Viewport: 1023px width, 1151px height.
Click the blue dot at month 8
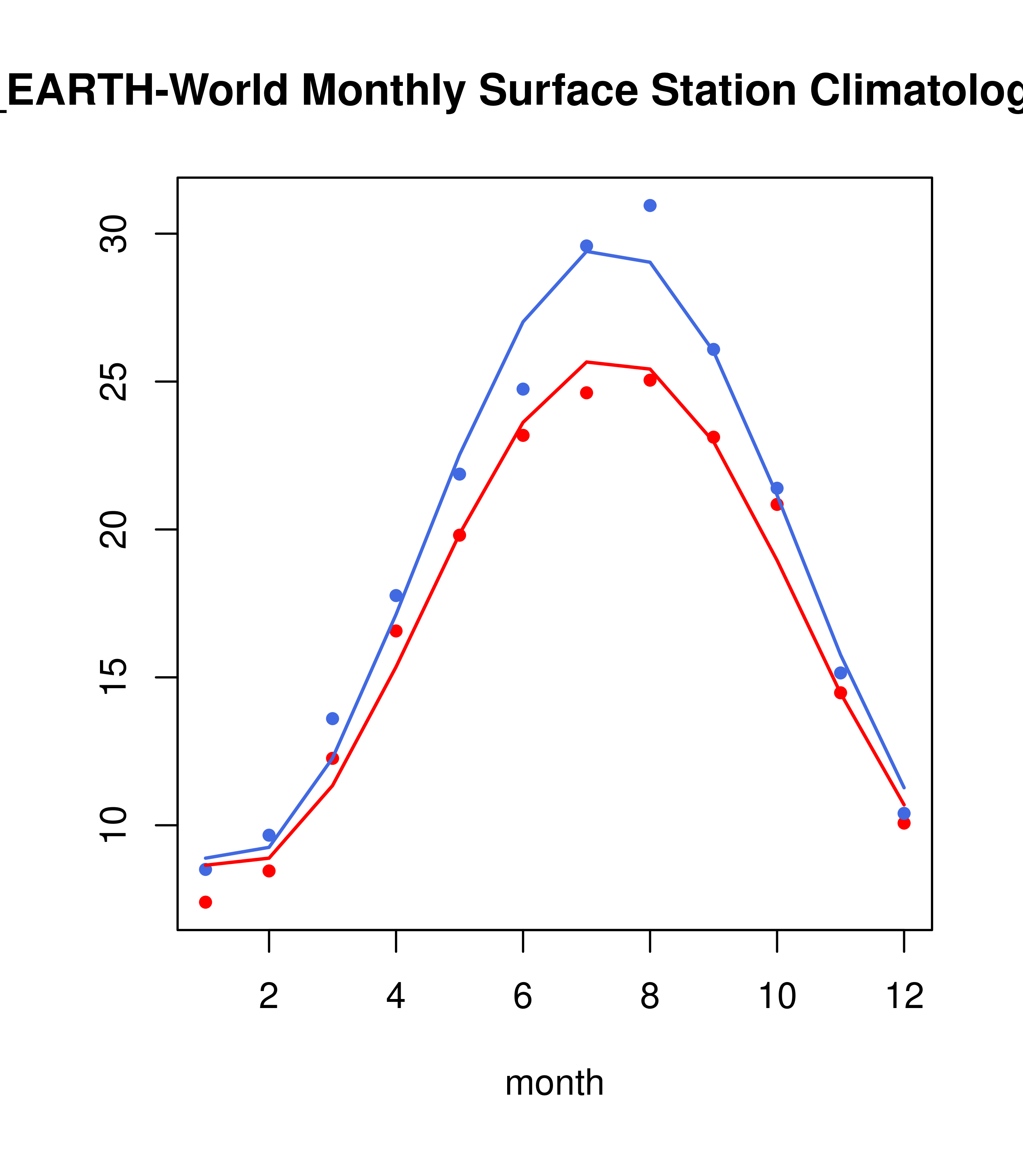650,205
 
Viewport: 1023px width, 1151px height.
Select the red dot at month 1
205,902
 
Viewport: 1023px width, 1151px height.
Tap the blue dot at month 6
523,389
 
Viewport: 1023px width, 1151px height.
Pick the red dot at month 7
587,392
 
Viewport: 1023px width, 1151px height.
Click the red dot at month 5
460,535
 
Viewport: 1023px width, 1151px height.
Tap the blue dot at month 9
713,349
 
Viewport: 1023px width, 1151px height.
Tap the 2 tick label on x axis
269,996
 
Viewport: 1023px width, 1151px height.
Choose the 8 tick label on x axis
650,996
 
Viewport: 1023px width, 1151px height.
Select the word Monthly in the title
383,91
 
